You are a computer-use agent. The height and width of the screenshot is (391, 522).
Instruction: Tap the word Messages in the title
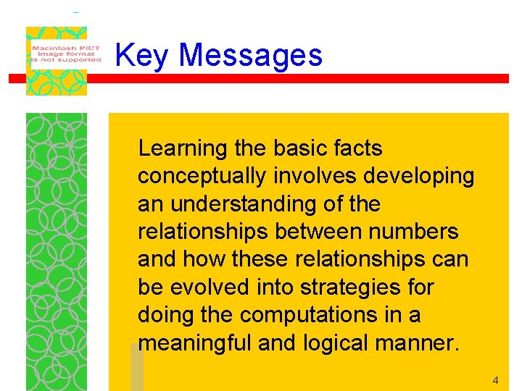pos(250,56)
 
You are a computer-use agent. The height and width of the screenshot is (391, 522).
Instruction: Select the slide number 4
pos(495,380)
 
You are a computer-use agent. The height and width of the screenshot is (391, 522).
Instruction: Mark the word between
pos(325,232)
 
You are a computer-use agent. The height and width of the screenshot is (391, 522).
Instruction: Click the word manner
pos(420,343)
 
